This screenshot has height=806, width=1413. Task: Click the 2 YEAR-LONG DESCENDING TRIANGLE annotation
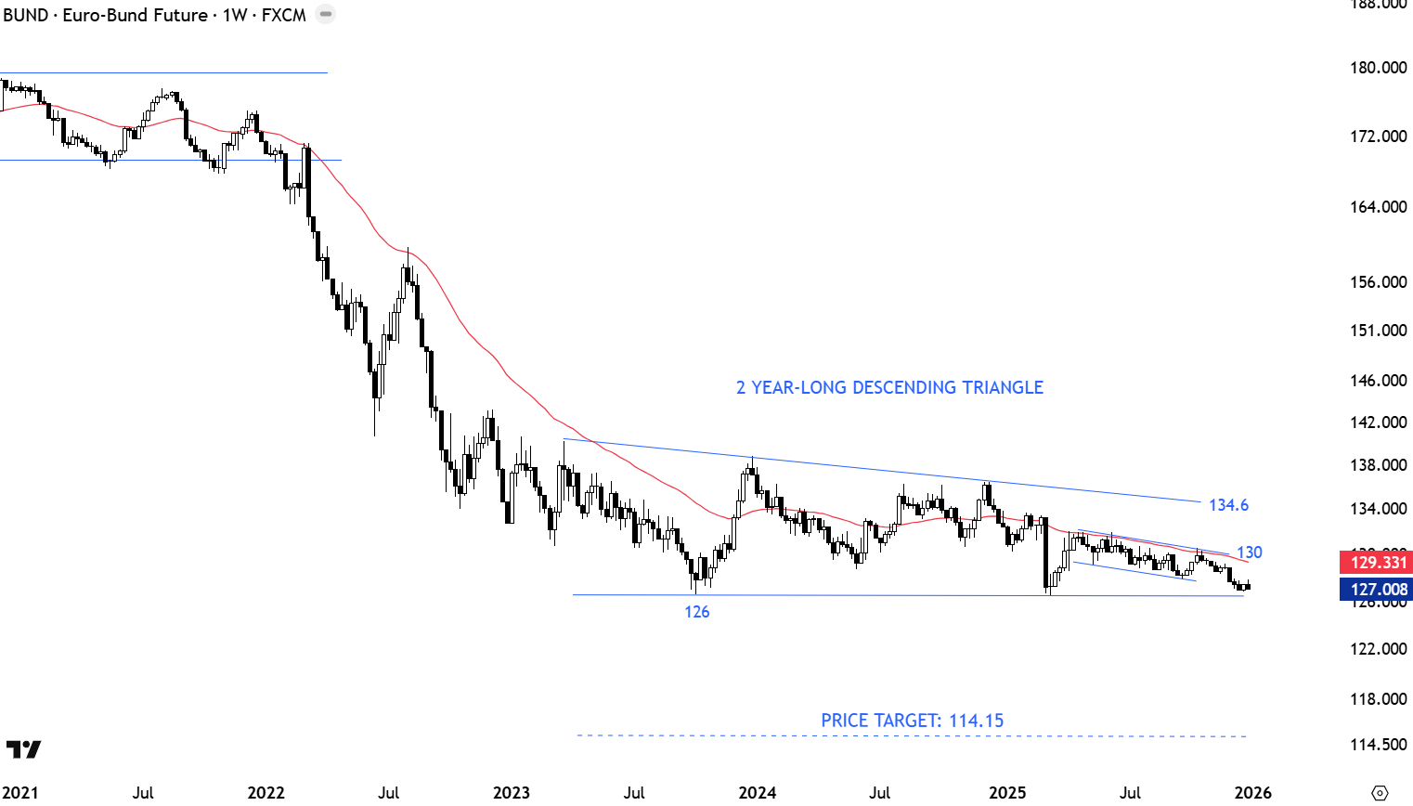point(889,387)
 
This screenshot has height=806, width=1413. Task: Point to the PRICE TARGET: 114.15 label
point(912,721)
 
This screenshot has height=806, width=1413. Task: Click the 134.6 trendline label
point(1228,505)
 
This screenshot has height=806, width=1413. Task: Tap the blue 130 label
point(1250,552)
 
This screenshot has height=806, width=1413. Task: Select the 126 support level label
point(697,612)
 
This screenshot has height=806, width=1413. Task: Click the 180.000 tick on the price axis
point(1378,67)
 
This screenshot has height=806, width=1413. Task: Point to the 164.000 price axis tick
point(1378,207)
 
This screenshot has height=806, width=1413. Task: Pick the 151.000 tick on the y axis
point(1378,331)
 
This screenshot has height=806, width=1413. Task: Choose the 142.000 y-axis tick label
point(1378,422)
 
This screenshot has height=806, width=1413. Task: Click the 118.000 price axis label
point(1378,699)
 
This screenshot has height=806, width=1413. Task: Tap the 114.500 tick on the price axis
point(1378,745)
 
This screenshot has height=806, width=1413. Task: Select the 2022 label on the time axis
point(266,792)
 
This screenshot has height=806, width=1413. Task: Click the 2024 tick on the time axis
point(757,792)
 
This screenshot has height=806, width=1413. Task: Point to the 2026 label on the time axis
point(1252,792)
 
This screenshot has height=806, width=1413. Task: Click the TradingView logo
point(23,749)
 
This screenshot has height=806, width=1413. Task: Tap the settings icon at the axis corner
point(1380,792)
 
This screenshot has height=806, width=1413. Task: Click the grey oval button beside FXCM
point(326,15)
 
